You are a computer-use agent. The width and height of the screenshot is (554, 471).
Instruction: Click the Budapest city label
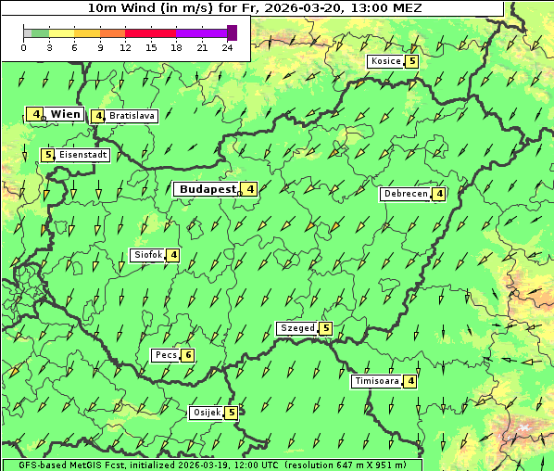click(x=208, y=189)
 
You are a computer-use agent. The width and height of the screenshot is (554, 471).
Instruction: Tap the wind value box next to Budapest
click(x=250, y=189)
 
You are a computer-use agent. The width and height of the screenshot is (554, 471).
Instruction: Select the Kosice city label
click(x=385, y=61)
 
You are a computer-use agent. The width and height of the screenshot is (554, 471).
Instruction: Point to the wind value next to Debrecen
click(x=439, y=194)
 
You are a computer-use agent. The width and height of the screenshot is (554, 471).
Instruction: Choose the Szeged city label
click(x=296, y=328)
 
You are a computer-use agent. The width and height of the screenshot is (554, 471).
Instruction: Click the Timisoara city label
click(x=376, y=381)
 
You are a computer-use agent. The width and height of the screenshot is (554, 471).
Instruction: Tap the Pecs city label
click(x=166, y=355)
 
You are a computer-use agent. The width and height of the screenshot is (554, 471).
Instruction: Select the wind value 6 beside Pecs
click(x=188, y=355)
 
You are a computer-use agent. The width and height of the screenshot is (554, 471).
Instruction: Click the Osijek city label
click(x=206, y=413)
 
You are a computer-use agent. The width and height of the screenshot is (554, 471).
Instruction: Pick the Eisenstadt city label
click(x=83, y=155)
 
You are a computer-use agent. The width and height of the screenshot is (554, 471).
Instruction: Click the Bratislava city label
click(x=132, y=116)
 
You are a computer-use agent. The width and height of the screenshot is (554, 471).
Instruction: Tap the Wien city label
click(x=66, y=114)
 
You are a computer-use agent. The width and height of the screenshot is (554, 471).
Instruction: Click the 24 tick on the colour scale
click(x=228, y=47)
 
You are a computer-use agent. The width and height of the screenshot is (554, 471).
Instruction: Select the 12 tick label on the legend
click(x=125, y=47)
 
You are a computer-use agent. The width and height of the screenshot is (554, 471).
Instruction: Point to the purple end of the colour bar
click(x=232, y=32)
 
